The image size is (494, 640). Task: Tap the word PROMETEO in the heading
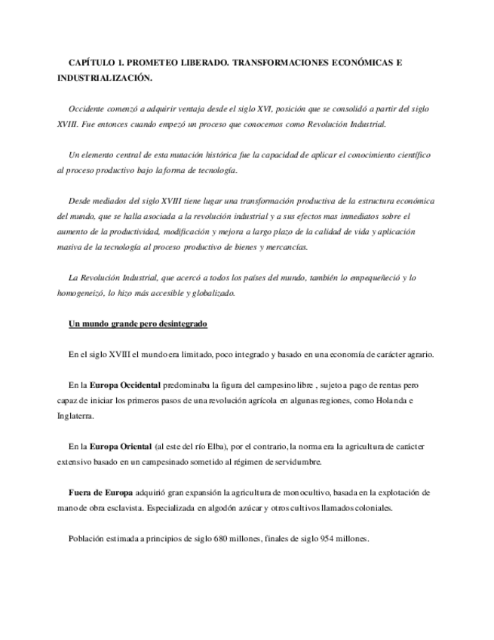coord(152,63)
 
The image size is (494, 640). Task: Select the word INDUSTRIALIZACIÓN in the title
coord(104,78)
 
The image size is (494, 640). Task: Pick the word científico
coord(412,155)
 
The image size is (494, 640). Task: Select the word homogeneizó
coord(81,293)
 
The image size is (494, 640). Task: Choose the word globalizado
coord(215,293)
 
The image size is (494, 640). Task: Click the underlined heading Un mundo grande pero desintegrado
coord(137,324)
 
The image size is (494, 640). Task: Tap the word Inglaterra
coord(76,415)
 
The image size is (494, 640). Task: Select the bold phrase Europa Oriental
coord(121,446)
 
